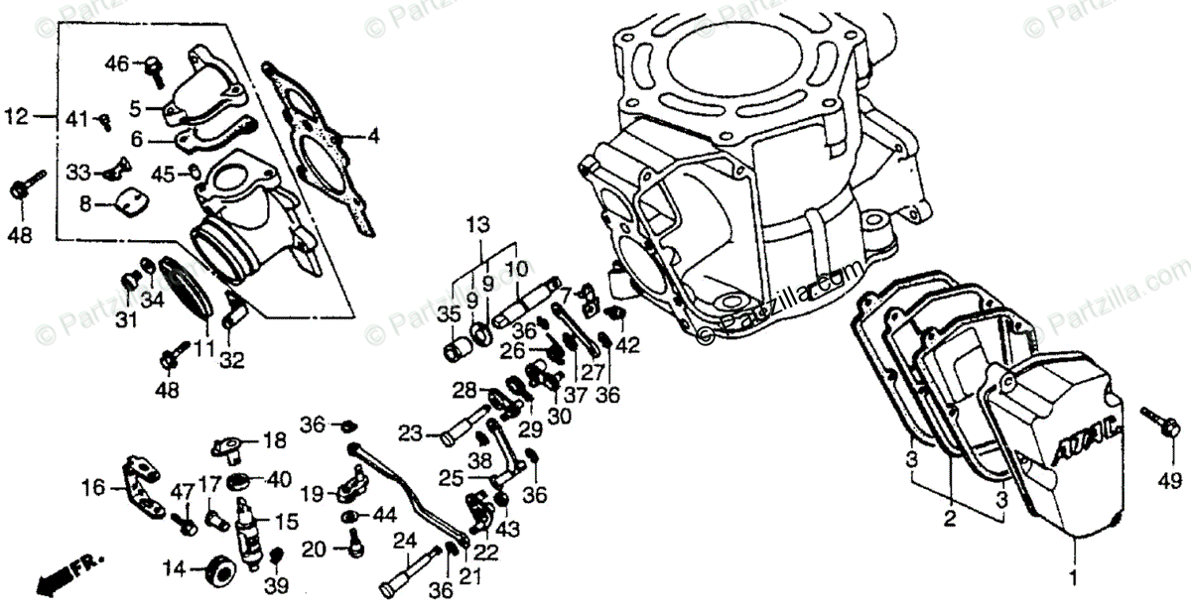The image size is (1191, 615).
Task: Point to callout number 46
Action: click(117, 64)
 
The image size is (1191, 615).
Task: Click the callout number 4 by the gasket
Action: click(373, 138)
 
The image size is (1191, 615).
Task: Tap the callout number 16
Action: click(93, 488)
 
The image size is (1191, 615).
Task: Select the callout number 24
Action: click(403, 541)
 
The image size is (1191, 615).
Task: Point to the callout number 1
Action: click(1071, 575)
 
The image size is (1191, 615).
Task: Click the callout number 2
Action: click(949, 520)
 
